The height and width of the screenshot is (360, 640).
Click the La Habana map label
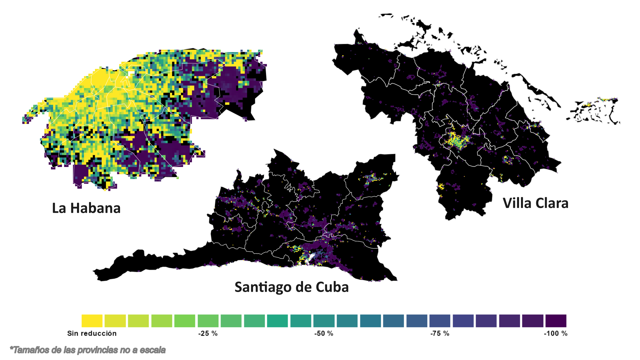point(86,208)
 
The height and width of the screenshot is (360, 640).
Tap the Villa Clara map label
point(535,203)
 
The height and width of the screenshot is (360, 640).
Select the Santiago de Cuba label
point(291,287)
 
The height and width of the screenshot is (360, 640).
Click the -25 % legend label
point(208,333)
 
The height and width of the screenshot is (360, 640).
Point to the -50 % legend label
point(324,333)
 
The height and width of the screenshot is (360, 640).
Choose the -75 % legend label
point(440,333)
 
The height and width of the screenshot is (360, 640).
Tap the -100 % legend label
point(555,333)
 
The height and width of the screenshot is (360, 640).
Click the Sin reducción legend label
point(92,333)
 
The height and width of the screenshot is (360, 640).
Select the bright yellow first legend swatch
point(92,321)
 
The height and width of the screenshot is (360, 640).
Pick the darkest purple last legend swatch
point(556,321)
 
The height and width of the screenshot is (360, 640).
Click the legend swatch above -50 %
point(324,321)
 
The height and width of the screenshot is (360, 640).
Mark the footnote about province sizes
point(88,350)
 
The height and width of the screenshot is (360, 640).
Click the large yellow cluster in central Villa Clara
point(455,140)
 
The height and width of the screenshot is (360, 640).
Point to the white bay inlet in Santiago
point(311,257)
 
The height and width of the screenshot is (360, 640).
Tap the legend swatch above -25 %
point(208,321)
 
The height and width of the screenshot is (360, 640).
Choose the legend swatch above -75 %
point(440,321)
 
